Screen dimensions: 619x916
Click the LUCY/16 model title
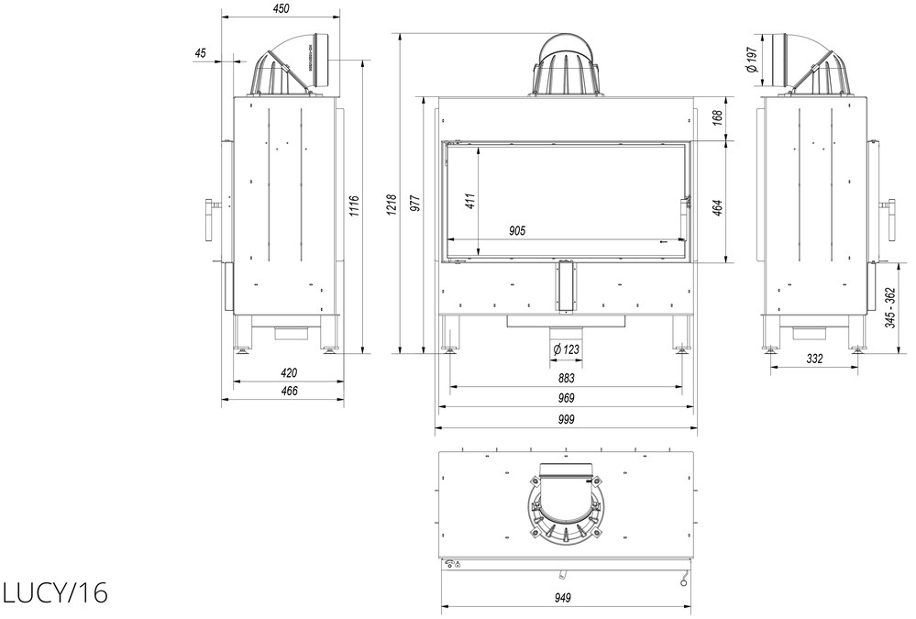55,593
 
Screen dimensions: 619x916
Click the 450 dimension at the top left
281,9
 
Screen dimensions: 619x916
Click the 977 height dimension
414,204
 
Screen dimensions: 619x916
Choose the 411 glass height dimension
471,201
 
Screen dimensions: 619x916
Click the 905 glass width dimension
517,231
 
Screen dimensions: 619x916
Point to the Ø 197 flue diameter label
751,60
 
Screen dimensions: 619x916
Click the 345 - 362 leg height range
889,308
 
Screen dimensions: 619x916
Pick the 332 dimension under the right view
815,359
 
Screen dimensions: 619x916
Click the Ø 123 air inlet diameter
566,348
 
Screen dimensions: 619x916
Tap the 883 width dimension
566,378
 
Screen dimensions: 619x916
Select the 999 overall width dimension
566,419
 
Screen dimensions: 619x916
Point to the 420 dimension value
289,373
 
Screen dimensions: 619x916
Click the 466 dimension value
289,391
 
